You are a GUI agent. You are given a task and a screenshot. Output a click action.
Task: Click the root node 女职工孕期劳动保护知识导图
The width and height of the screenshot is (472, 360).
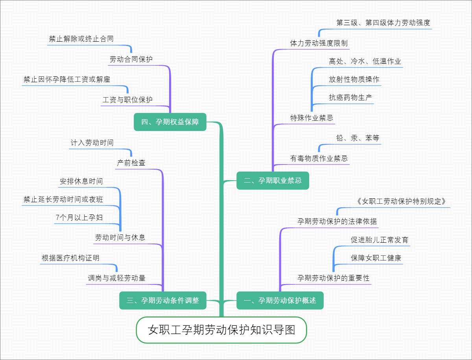coord(221,330)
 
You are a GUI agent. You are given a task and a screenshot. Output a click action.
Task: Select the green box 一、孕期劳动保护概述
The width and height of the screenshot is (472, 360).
coord(280,301)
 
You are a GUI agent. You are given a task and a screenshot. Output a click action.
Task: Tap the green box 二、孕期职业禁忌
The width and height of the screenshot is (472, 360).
coord(273,181)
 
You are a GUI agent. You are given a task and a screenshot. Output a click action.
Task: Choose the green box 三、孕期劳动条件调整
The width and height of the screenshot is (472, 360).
coord(163,301)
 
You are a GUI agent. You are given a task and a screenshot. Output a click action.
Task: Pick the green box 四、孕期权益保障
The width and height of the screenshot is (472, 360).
coord(170,122)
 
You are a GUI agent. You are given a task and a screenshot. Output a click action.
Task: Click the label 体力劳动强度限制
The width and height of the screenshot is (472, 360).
coord(319,43)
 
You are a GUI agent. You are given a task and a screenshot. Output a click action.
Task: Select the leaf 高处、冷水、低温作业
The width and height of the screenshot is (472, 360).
coord(365,61)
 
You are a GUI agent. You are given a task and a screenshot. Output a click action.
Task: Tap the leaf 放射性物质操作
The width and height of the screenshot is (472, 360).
coord(354,79)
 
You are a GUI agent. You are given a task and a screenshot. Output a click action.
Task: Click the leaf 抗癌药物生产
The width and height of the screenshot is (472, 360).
coord(350,98)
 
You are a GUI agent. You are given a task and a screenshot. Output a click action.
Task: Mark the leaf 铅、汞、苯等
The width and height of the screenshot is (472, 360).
coord(358,138)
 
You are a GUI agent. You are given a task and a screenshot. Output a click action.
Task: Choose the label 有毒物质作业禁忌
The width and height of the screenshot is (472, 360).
coord(319,159)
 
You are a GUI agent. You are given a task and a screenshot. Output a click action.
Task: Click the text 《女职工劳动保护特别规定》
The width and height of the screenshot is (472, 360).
coord(401,201)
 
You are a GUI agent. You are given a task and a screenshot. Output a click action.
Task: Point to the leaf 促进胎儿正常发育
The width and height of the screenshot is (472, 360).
coord(380,240)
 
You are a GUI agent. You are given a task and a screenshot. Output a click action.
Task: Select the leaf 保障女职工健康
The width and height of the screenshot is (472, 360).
coord(376,258)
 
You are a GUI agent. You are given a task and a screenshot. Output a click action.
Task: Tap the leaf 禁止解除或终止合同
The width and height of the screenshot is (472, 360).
coord(81,39)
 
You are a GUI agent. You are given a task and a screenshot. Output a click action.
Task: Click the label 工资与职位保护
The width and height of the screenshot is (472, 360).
coord(127,100)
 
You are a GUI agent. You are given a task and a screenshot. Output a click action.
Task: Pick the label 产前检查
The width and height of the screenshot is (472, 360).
coord(131,162)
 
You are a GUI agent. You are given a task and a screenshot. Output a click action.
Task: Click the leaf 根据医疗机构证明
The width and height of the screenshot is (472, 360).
coord(70,258)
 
